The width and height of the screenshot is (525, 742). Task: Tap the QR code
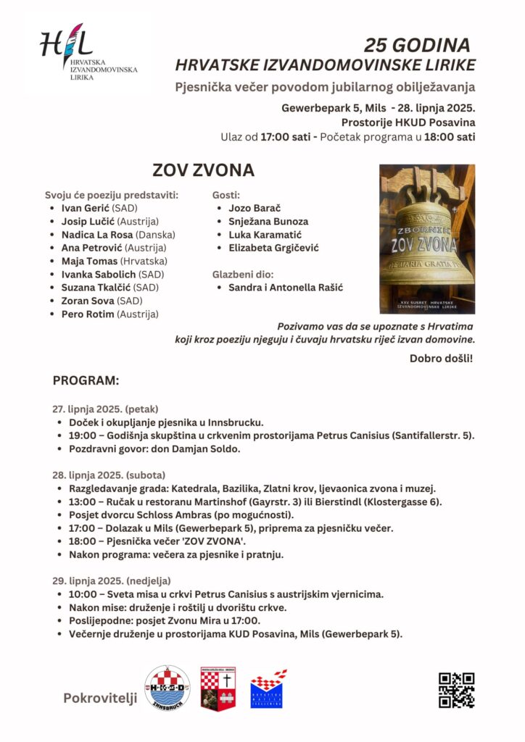[x=456, y=690]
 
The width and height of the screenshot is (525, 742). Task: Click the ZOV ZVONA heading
[x=203, y=170]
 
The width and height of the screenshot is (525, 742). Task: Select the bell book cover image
[x=426, y=238]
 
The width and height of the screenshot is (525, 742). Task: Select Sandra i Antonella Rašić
[x=286, y=288]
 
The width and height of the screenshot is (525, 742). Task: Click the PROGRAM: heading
[x=86, y=380]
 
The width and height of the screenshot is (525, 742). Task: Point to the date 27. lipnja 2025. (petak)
[x=105, y=409]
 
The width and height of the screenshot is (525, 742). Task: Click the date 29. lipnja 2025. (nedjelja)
[x=110, y=580]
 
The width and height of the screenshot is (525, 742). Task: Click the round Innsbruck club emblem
[x=168, y=688]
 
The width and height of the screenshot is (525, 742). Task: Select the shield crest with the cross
[x=218, y=689]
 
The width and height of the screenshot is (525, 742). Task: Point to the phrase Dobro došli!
[x=441, y=358]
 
